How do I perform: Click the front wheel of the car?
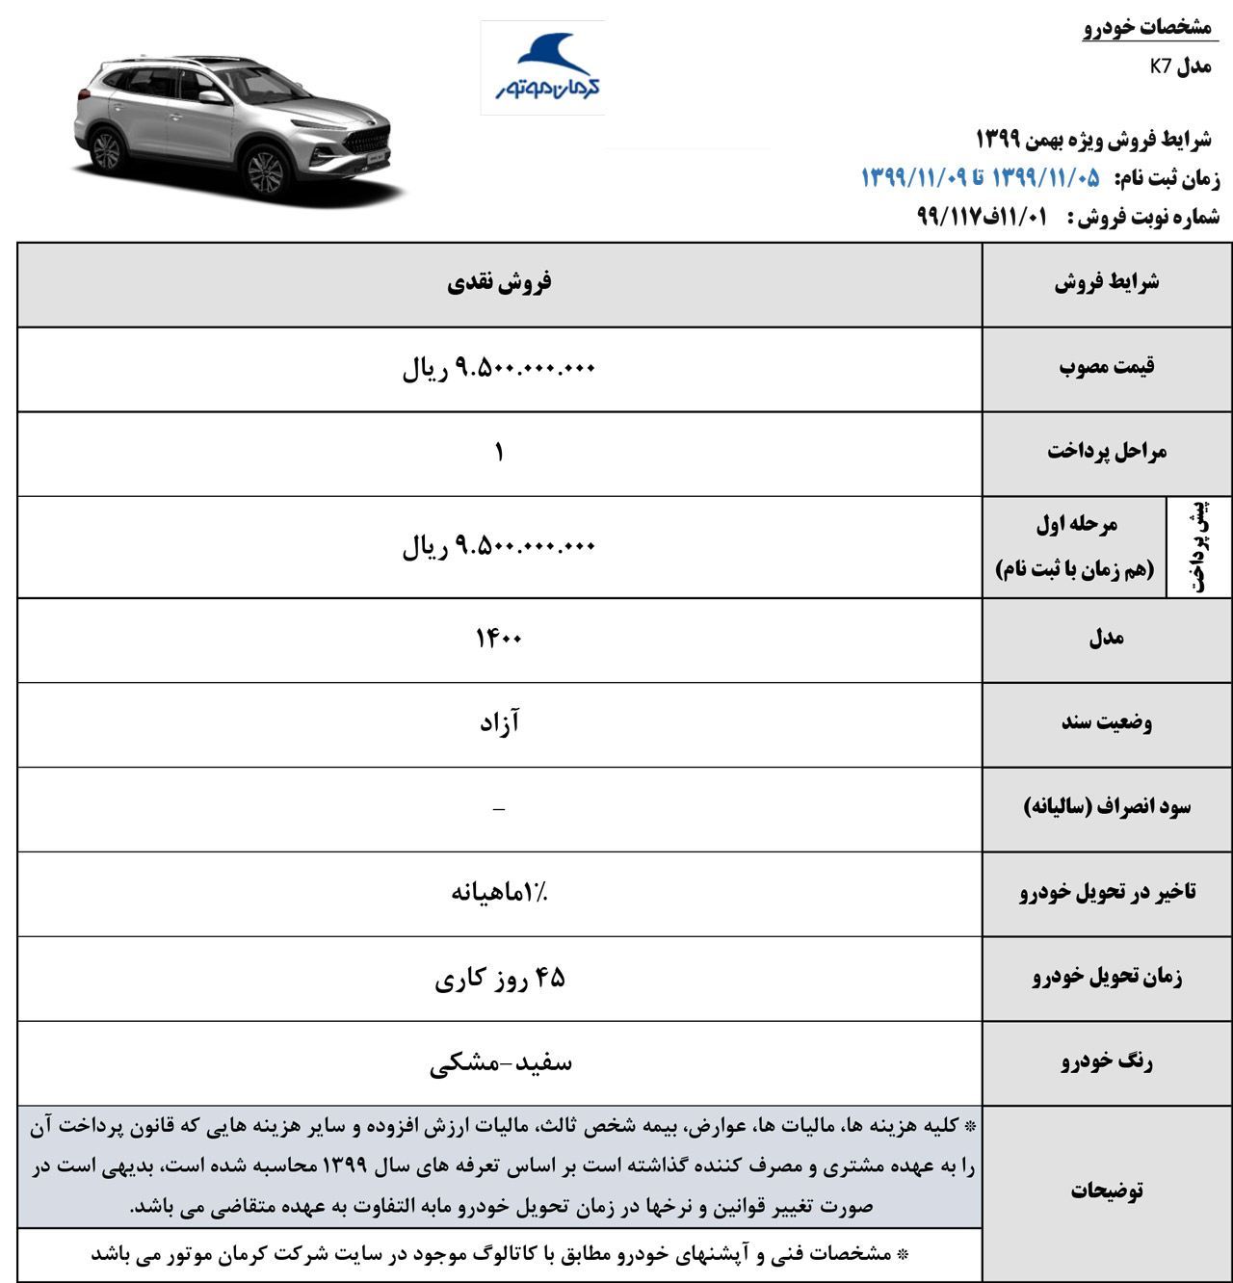point(266,171)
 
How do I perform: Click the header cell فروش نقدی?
point(499,282)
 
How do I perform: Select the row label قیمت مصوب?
point(1107,367)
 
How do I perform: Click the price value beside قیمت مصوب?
point(499,367)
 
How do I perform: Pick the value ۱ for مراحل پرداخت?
point(499,452)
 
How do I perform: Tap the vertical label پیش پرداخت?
point(1199,546)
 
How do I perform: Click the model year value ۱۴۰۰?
point(499,638)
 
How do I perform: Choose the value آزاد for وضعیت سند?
point(499,722)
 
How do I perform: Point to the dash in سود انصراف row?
point(499,809)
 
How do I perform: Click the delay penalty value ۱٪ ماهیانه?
point(499,892)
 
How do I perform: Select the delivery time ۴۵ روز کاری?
point(499,978)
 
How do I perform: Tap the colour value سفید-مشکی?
point(499,1062)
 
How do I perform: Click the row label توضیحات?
point(1107,1191)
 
